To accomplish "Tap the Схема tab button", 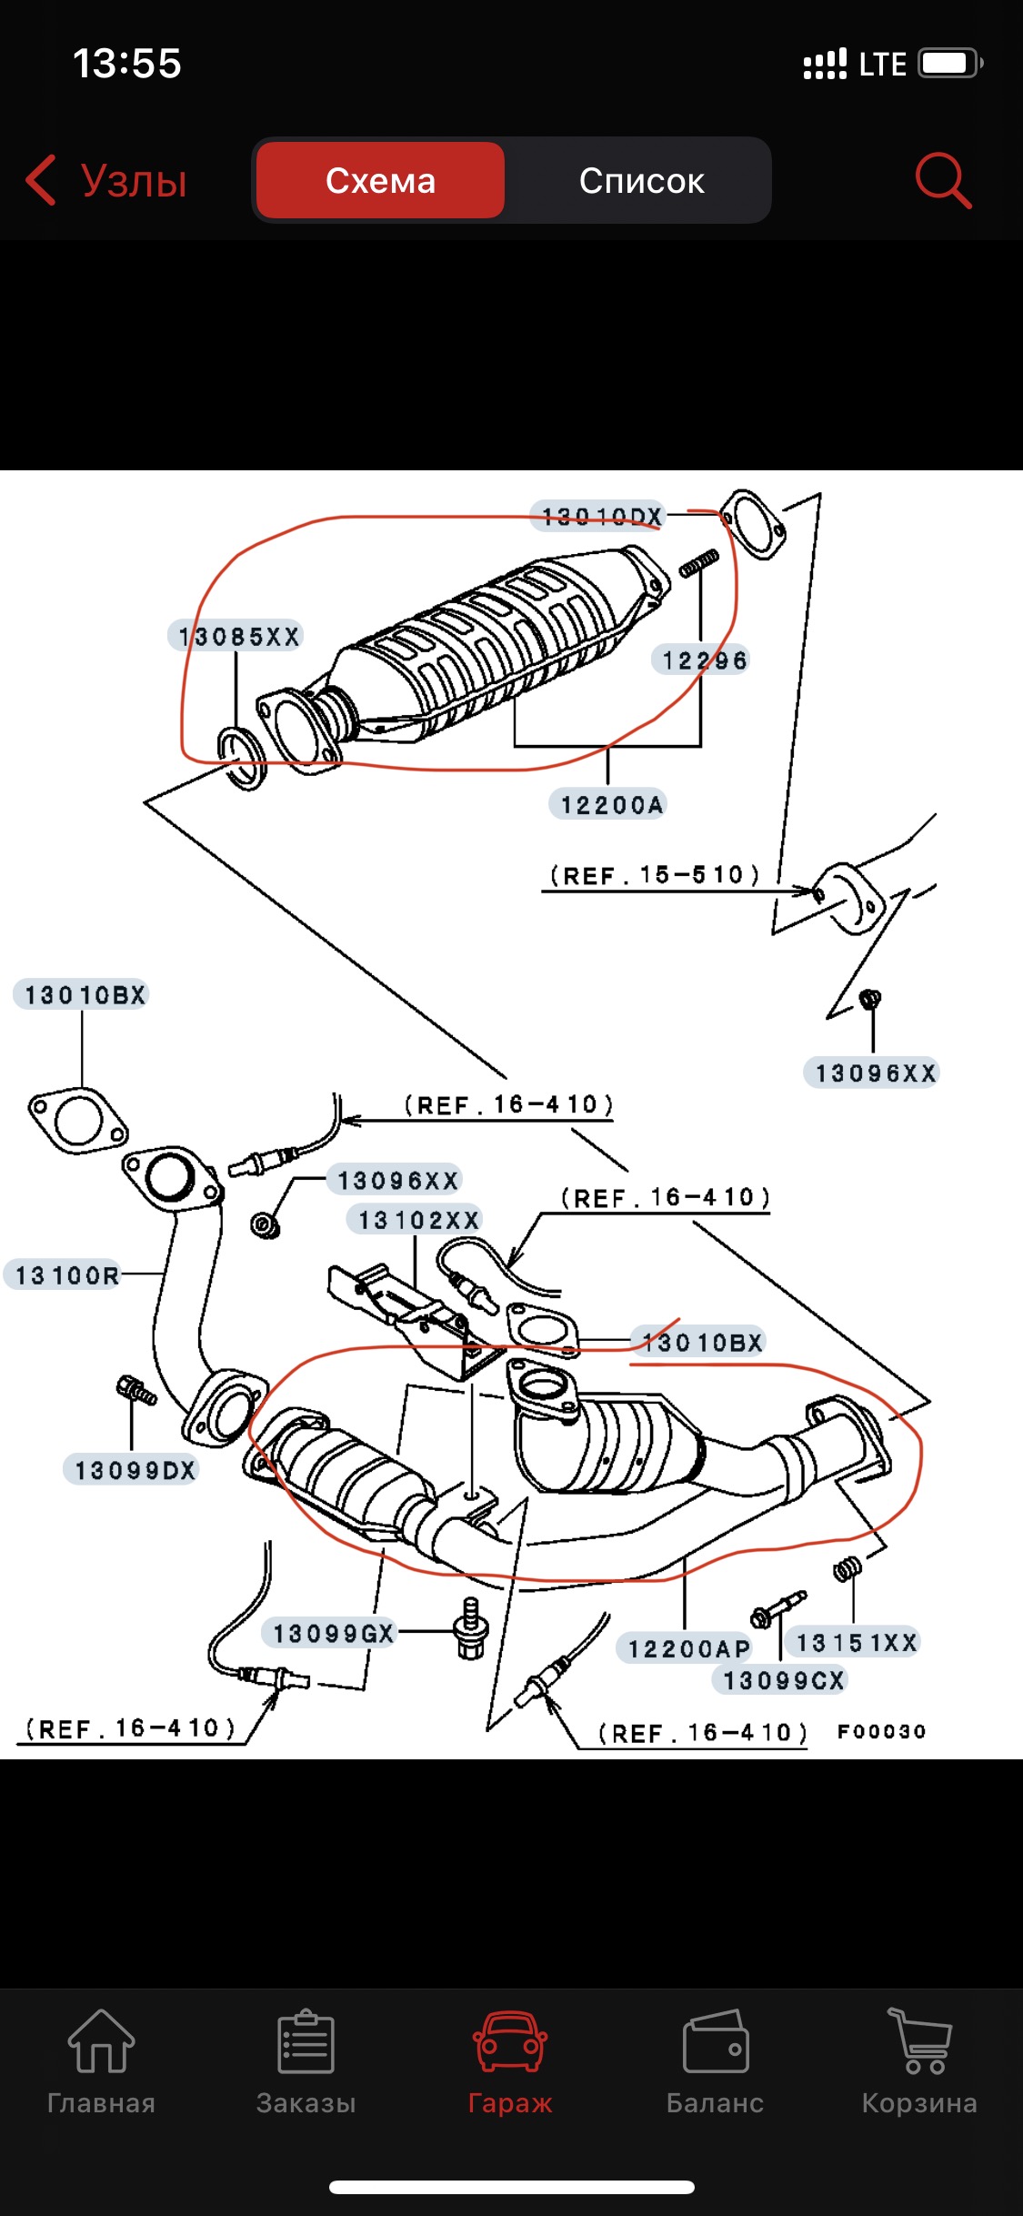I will click(x=380, y=180).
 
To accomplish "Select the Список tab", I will click(x=641, y=180).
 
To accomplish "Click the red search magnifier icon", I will click(x=942, y=179).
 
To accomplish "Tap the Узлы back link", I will click(x=107, y=179).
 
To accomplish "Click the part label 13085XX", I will click(x=238, y=636).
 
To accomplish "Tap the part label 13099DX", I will click(x=135, y=1470).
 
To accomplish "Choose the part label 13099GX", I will click(x=333, y=1633).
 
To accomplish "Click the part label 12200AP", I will click(x=687, y=1647).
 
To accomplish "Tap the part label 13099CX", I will click(x=783, y=1679).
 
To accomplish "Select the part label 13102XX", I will click(x=417, y=1219).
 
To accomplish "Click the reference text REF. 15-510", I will click(x=654, y=875).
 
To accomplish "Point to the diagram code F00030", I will click(x=881, y=1731).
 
